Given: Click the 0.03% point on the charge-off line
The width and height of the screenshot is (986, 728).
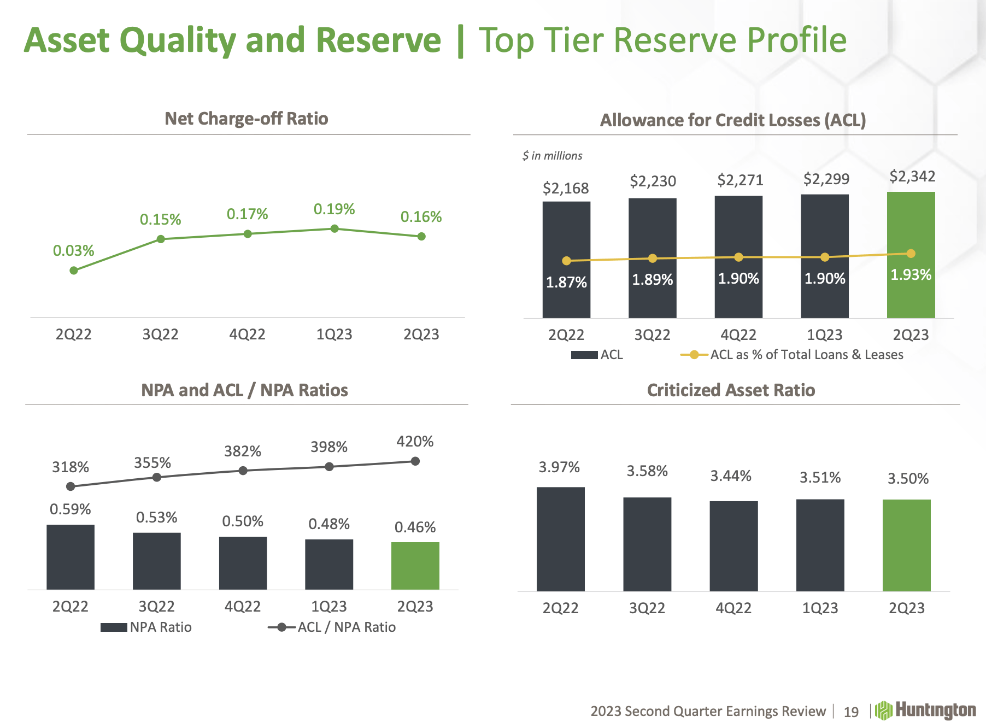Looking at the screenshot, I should pos(74,270).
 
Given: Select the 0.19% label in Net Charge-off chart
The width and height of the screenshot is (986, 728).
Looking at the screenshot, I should pos(334,209).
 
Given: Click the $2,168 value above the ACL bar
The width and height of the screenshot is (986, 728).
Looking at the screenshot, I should pos(566,189).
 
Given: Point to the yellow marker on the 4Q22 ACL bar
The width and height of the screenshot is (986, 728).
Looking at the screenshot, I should pos(738,257).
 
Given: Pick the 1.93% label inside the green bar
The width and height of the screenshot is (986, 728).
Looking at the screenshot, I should pos(911,274).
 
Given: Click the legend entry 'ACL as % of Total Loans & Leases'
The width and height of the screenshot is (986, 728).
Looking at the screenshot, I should pos(806,355).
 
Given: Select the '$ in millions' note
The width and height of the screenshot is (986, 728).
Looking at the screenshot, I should pos(552,156).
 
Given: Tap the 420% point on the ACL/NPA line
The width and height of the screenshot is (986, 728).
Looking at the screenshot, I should pos(415,461).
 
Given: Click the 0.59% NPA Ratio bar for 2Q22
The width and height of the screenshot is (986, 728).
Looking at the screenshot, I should pos(71,557).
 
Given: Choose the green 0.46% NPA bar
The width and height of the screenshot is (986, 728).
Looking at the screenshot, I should pos(415,566).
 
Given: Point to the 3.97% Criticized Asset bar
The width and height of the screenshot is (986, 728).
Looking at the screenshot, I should pos(560,539).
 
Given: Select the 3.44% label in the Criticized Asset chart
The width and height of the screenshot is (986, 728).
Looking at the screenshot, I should pos(731,476).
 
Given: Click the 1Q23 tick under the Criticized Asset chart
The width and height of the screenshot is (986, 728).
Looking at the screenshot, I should pos(820,608).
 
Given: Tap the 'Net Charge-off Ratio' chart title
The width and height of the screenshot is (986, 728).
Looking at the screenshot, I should pos(246,119).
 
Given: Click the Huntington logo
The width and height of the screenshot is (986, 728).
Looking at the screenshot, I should pos(925,711).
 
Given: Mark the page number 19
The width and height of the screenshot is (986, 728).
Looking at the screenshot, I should pos(851,712).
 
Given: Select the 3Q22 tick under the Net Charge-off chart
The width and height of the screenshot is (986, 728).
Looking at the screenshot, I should pos(160,334).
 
